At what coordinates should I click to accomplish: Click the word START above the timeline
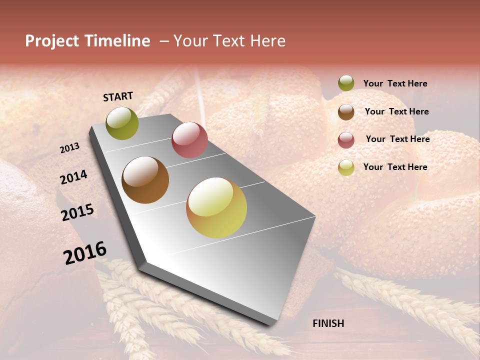118,96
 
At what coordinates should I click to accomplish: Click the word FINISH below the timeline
328,323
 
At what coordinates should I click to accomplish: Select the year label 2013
69,148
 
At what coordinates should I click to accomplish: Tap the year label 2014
73,177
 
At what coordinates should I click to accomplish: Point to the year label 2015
77,212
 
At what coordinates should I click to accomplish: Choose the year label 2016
85,252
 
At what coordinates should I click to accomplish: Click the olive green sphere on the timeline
122,123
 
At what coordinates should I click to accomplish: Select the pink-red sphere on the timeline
189,140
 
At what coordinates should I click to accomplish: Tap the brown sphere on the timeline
145,180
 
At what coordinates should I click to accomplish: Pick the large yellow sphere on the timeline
216,207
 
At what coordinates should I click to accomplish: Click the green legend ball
346,83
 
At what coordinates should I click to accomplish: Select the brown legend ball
346,112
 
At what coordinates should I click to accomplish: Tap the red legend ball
346,140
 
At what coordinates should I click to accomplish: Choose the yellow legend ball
346,167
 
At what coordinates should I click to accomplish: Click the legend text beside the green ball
395,84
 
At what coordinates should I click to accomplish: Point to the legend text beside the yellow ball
395,167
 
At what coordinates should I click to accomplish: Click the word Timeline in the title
117,41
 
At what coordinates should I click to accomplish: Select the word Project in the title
52,41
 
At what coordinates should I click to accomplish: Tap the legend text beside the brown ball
396,111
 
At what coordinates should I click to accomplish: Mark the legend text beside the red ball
397,139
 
